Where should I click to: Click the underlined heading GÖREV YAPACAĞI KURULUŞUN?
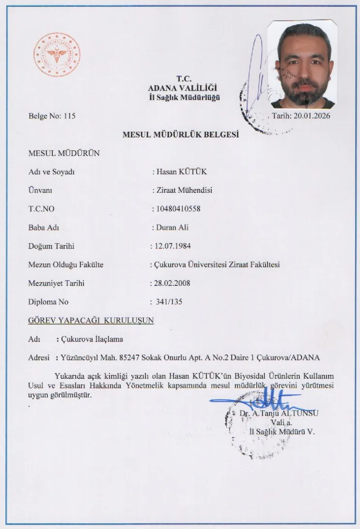(x=91, y=321)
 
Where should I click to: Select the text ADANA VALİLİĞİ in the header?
(x=184, y=88)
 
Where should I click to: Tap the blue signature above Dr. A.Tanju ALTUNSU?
(x=257, y=401)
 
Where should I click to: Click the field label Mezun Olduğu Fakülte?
(x=66, y=264)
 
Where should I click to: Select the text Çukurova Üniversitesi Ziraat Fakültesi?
(x=218, y=264)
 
